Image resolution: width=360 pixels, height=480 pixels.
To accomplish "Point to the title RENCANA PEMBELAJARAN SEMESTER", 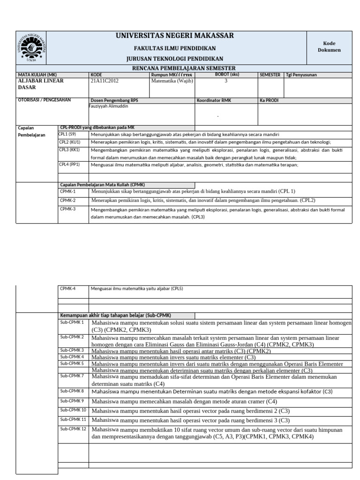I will (x=184, y=68).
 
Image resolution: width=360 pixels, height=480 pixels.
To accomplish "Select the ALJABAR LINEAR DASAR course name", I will (x=40, y=84).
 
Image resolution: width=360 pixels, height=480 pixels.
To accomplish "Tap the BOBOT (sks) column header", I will (x=226, y=75).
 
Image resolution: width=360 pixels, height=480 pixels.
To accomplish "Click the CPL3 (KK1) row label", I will (x=69, y=150).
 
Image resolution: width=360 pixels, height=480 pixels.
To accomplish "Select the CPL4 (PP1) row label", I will (x=69, y=165).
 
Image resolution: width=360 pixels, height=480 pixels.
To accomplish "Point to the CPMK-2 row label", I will (x=67, y=200).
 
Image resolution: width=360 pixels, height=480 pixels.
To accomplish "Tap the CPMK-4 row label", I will (x=67, y=289).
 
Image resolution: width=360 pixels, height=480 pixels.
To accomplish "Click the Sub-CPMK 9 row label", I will (x=72, y=401).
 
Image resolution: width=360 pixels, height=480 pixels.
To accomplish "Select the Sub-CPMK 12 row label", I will (x=73, y=429).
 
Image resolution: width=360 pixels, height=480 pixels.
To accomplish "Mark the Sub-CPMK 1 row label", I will (x=72, y=322).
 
